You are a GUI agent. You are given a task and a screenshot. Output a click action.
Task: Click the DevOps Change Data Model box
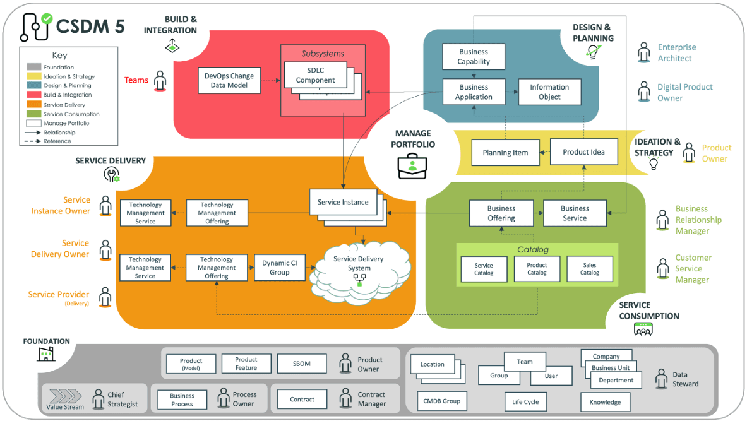tap(229, 80)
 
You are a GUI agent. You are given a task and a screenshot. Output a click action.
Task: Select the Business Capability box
tap(474, 57)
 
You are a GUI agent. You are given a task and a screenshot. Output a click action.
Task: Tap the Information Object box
tap(549, 92)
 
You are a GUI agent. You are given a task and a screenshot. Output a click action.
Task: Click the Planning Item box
tap(505, 153)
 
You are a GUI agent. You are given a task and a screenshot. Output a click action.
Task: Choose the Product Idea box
tap(583, 152)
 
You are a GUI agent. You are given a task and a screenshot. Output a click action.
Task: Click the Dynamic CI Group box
tap(279, 268)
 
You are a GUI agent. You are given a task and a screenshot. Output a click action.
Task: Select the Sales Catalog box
tap(589, 269)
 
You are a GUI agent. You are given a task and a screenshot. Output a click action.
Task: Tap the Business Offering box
tap(501, 213)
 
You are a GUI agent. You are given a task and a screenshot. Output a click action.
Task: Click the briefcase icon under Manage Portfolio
tap(412, 165)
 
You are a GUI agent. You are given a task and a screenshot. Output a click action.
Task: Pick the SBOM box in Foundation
tap(302, 364)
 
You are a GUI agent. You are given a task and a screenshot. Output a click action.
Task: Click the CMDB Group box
tap(442, 401)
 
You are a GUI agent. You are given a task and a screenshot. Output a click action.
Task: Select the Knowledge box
tap(604, 402)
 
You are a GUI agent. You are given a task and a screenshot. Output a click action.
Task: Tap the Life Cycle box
tap(525, 402)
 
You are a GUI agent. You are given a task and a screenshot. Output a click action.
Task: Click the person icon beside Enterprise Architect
tap(643, 52)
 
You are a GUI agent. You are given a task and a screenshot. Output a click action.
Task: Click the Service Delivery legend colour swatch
tap(34, 105)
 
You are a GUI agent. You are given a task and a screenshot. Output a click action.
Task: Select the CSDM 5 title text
tap(90, 26)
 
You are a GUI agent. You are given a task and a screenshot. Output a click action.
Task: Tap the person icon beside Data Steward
tap(661, 379)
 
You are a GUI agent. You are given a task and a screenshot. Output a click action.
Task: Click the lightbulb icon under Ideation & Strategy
tap(654, 165)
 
